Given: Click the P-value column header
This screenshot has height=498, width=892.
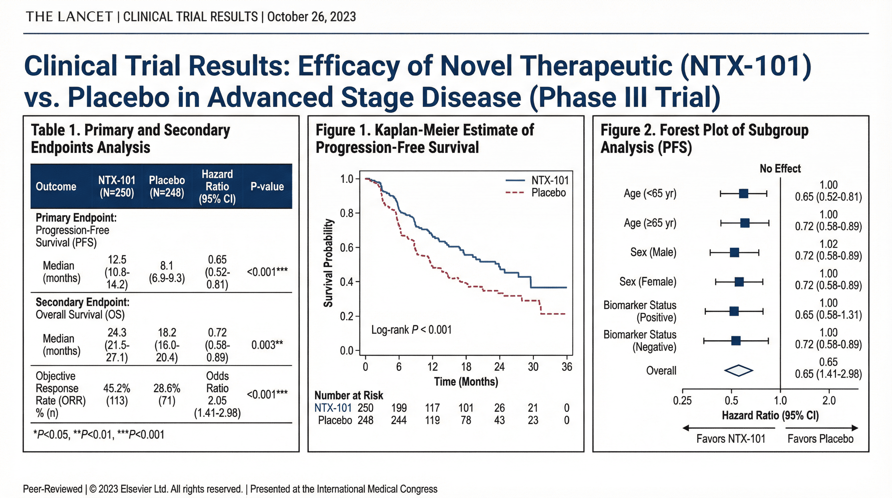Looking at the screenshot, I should click(x=267, y=186).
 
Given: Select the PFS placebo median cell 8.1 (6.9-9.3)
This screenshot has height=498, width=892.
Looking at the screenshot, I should click(x=167, y=272).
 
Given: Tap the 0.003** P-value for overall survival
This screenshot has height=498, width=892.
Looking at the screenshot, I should click(x=267, y=345).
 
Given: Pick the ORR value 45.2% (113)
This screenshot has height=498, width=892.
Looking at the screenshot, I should click(x=117, y=394).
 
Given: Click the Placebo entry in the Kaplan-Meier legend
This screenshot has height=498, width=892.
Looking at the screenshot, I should click(x=548, y=193).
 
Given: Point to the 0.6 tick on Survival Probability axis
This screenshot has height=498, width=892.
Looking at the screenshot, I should click(x=346, y=248).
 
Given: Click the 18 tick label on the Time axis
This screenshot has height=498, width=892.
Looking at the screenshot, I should click(x=466, y=366).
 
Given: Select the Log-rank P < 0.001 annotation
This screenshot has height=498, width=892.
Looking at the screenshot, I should click(x=411, y=329).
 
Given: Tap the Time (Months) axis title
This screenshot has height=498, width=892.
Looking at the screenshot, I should click(x=466, y=382).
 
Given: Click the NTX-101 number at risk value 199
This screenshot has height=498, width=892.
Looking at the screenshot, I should click(x=399, y=408).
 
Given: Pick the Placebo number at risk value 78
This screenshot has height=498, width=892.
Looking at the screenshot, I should click(x=466, y=420).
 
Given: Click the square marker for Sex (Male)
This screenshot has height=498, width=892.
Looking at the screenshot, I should click(x=734, y=253).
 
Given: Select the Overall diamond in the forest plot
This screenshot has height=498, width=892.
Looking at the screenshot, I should click(x=738, y=371).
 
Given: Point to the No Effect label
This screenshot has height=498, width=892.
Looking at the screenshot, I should click(x=780, y=169).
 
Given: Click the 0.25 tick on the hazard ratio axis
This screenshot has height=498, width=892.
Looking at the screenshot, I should click(x=682, y=401).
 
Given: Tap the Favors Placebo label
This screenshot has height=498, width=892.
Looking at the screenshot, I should click(x=820, y=439).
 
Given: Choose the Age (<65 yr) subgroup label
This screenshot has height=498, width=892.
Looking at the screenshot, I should click(x=650, y=193).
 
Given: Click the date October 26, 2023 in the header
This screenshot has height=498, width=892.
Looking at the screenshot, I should click(x=311, y=17).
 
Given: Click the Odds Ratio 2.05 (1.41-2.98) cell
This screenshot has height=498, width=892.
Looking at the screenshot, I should click(x=217, y=394).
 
